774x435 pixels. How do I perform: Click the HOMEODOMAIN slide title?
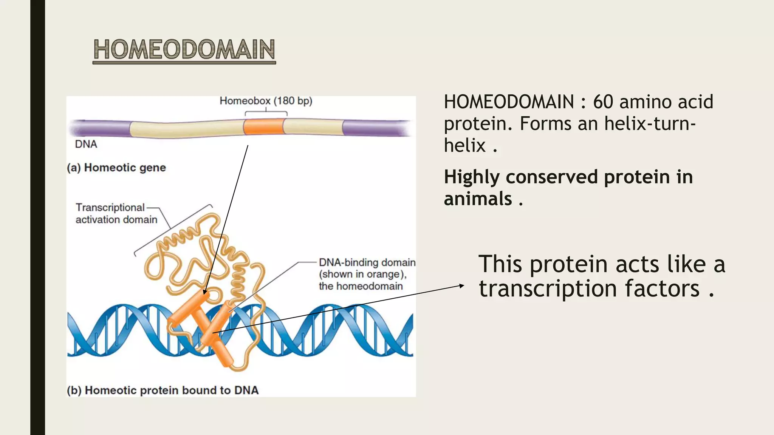coord(184,49)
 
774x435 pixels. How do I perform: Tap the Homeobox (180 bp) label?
coord(266,101)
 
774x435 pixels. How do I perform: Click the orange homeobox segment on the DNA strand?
coord(263,127)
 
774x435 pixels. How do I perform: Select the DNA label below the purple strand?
coord(86,144)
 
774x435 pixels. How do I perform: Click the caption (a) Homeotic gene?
coord(116,168)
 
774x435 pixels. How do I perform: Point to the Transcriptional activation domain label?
coord(116,213)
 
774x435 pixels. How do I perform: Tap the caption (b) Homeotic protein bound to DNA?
coord(163,390)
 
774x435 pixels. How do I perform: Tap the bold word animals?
coord(478,199)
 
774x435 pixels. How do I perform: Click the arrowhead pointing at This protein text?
coord(462,285)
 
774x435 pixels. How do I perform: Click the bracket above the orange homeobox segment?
coord(266,112)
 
